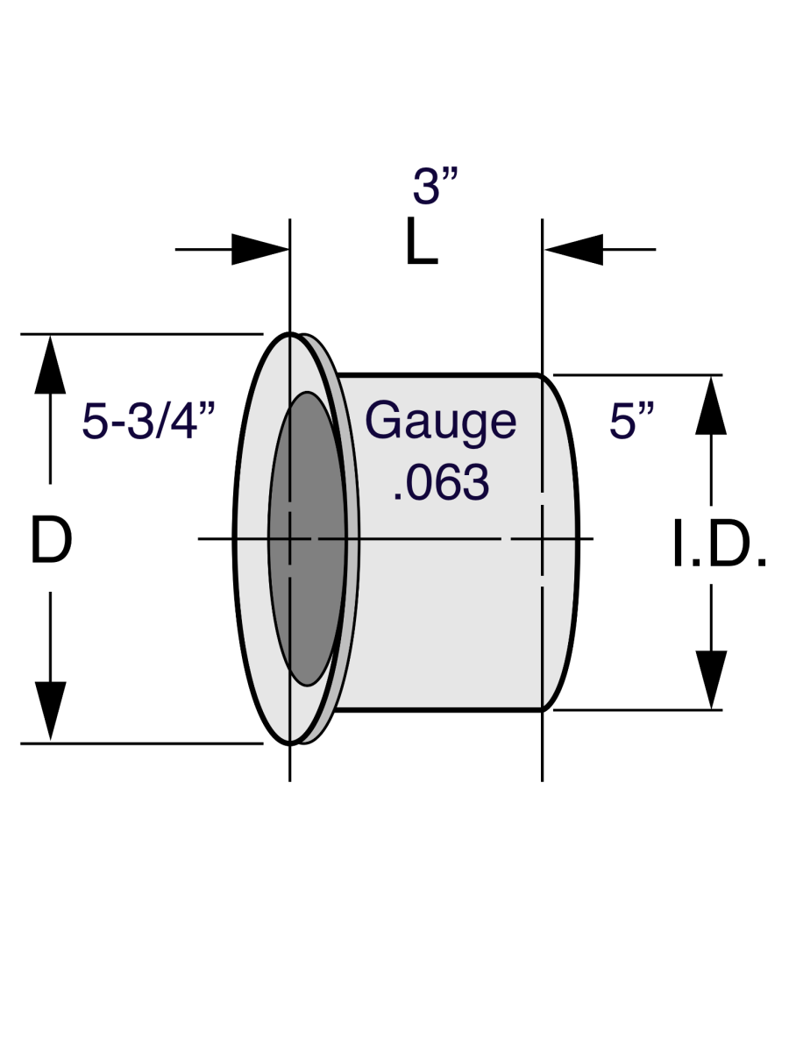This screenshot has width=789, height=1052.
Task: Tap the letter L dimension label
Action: [x=422, y=243]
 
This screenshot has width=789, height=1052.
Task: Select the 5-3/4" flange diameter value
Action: [x=149, y=423]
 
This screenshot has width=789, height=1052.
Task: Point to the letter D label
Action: [x=51, y=540]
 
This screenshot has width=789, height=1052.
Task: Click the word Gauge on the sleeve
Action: [x=441, y=422]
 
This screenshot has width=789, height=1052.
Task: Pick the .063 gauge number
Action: [x=440, y=482]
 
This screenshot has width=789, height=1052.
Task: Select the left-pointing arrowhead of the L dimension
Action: [x=573, y=250]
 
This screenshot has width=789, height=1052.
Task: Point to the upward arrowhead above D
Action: [x=51, y=364]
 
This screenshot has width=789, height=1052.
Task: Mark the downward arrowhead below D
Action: [x=51, y=712]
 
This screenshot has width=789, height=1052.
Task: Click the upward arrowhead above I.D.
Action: [x=711, y=405]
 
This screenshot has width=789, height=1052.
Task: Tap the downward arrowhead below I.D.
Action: [x=711, y=679]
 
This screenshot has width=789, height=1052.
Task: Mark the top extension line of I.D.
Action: [x=640, y=375]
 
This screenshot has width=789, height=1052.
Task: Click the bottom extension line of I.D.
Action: [x=640, y=709]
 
